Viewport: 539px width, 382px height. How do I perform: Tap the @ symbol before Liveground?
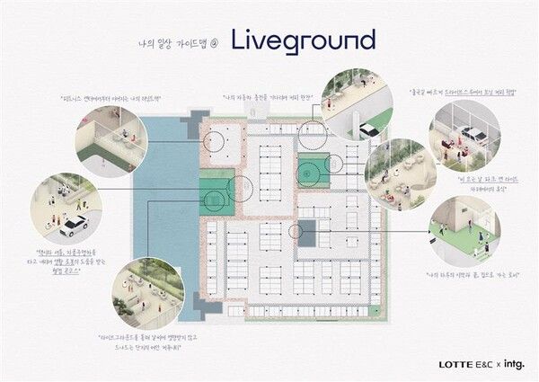click(215, 42)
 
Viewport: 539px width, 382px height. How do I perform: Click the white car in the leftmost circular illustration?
click(72, 224)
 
